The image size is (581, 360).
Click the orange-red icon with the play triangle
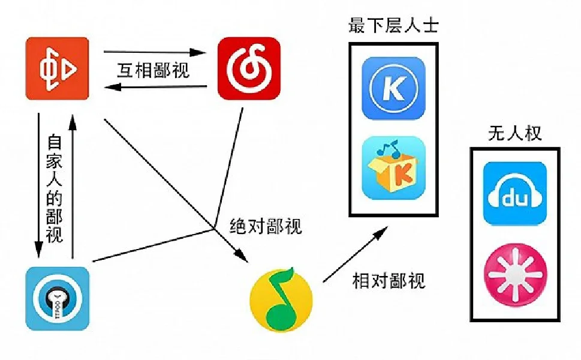click(58, 68)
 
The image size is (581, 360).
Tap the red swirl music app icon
click(249, 68)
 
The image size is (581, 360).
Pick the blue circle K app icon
click(393, 88)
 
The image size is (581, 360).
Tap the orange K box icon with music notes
click(393, 168)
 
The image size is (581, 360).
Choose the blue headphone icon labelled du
click(515, 193)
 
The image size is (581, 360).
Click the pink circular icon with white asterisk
click(515, 274)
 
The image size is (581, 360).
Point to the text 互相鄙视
click(153, 70)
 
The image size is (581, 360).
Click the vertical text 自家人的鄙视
click(55, 188)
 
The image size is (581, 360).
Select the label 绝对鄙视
click(266, 227)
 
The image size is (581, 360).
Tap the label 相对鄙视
click(389, 280)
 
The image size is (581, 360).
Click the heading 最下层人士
click(393, 26)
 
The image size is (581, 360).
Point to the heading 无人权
click(515, 133)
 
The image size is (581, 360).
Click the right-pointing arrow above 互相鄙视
click(155, 53)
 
